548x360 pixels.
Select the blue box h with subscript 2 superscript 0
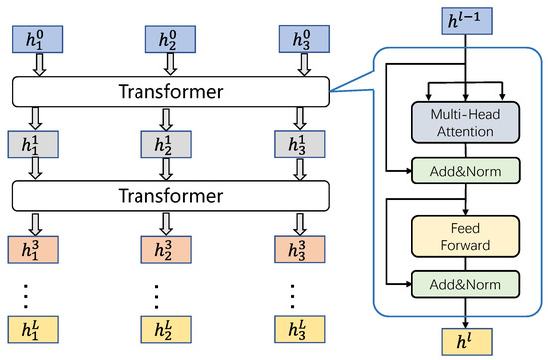(x=167, y=40)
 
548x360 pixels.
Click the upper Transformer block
(x=169, y=92)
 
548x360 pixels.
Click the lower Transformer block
(x=169, y=195)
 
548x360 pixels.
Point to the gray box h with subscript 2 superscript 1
(x=167, y=144)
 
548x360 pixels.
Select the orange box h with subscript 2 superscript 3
(x=167, y=247)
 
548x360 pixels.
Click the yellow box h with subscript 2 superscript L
(x=167, y=329)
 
